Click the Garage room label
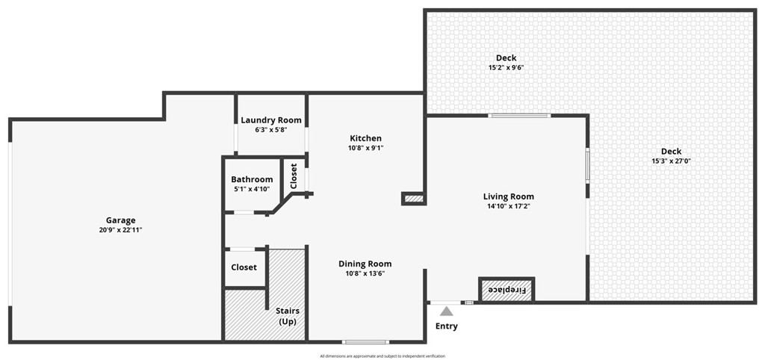coord(120,220)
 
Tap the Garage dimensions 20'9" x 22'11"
coord(120,230)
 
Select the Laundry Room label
coord(271,120)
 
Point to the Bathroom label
coord(252,179)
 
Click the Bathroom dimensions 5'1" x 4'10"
coord(252,189)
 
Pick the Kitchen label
coord(365,138)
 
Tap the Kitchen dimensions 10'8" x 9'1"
coord(365,148)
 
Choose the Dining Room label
coord(365,264)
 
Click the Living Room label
coord(508,196)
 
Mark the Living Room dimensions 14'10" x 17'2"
coord(508,206)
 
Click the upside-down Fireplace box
coord(507,290)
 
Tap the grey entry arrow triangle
coord(446,311)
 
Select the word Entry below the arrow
coord(446,326)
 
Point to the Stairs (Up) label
coord(287,316)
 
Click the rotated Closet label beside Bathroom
coord(294,176)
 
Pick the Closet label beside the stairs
coord(244,267)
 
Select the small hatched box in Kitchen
coord(413,199)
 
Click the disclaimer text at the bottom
coord(382,356)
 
